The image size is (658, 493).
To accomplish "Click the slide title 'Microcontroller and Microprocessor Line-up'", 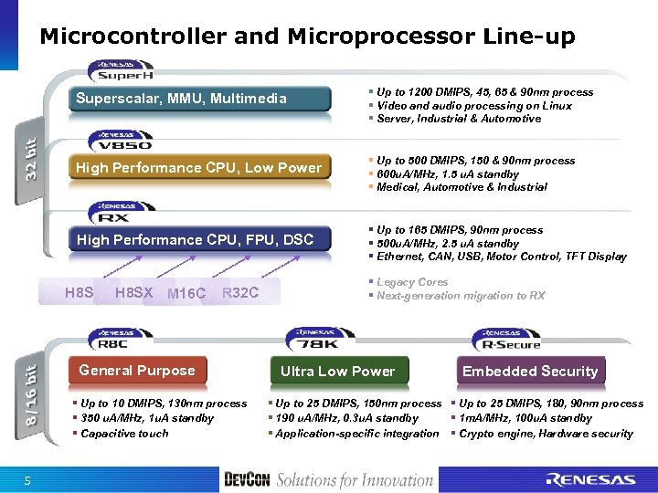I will pos(307,37).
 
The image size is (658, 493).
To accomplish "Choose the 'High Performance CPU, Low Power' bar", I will pos(198,168).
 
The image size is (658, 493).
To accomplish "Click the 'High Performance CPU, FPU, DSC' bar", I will pos(195,240).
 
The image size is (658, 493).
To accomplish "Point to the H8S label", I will pos(80,292).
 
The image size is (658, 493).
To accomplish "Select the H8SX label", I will pos(134,292).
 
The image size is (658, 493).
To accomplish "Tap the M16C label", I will pos(186,293).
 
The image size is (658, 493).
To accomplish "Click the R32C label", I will pos(240,292).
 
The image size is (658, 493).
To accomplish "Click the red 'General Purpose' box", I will pos(137,371).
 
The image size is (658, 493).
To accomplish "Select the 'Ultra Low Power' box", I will pos(337,372).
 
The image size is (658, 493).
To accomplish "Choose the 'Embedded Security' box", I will pos(530,372).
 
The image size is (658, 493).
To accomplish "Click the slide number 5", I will pos(28,481).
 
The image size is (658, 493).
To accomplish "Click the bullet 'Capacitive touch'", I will pos(124,434).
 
